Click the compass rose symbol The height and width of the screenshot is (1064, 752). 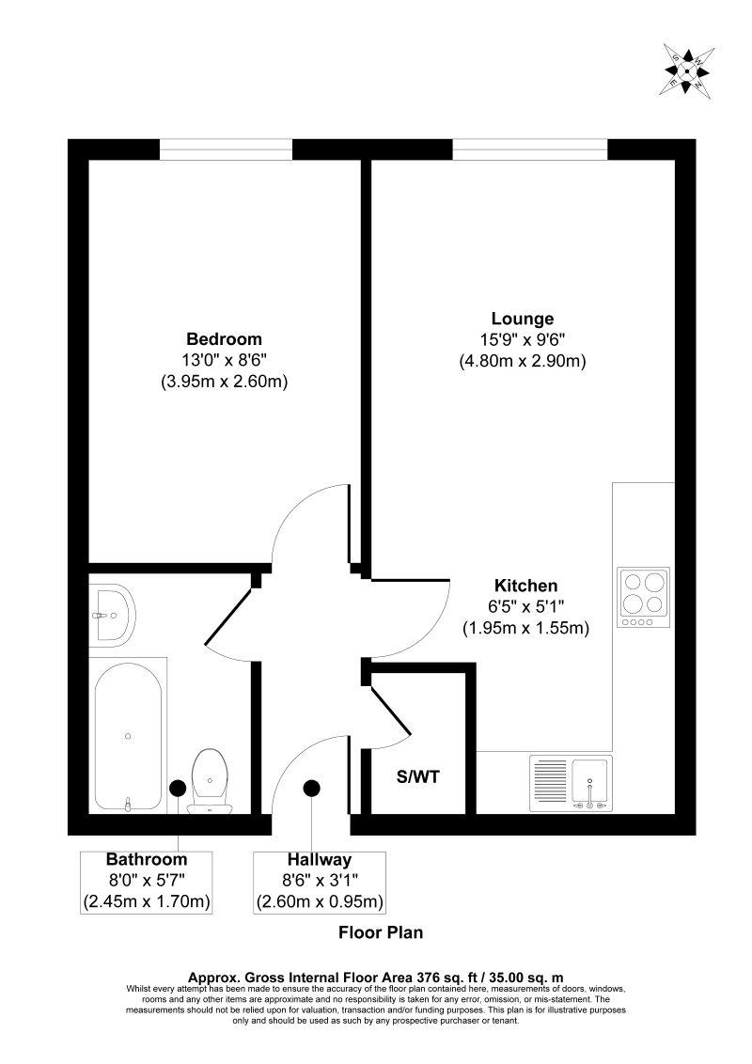688,70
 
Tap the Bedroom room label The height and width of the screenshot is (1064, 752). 224,339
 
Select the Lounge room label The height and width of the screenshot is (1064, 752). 523,319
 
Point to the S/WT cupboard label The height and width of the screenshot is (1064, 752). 417,777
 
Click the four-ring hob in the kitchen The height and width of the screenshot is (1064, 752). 644,597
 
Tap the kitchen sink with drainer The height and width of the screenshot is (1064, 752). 571,783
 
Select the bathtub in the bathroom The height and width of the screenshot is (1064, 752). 128,736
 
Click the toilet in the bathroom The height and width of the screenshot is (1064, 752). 208,779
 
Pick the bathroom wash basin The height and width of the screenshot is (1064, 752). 113,616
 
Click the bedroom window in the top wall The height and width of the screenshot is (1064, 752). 226,149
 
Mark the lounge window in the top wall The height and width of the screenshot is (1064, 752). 529,149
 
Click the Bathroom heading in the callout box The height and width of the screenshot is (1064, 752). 146,859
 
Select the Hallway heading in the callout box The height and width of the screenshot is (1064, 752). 320,859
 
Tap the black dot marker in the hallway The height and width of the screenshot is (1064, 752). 311,790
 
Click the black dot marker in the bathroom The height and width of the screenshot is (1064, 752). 177,790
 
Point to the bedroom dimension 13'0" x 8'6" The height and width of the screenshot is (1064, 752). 224,361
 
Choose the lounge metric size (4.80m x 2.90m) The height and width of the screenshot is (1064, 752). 523,361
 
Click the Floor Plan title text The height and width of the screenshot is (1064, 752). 381,933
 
